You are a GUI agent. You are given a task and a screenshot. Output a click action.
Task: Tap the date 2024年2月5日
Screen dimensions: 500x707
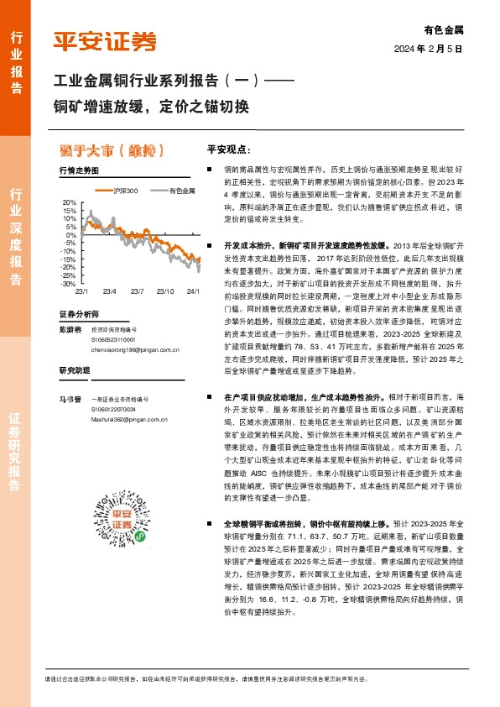click(428, 49)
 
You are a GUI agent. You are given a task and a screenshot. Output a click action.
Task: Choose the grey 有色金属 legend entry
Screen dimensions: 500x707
click(175, 191)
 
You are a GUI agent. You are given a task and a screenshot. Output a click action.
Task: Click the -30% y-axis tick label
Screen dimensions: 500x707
click(68, 284)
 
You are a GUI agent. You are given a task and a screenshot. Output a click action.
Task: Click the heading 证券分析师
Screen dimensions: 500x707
click(79, 314)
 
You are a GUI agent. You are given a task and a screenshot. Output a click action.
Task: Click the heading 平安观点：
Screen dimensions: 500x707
click(229, 149)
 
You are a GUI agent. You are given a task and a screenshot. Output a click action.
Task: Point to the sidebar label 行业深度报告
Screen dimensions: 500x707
click(15, 228)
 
